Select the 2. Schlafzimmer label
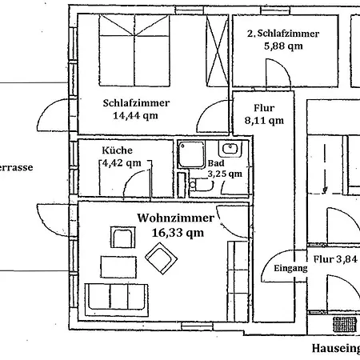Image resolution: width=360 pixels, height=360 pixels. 283,34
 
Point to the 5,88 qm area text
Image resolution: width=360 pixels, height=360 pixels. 283,46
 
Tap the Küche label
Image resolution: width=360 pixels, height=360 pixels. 117,150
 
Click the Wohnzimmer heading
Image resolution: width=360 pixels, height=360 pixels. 175,218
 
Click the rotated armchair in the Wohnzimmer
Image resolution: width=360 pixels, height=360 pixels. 163,258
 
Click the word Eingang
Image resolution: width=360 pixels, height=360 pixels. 290,270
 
